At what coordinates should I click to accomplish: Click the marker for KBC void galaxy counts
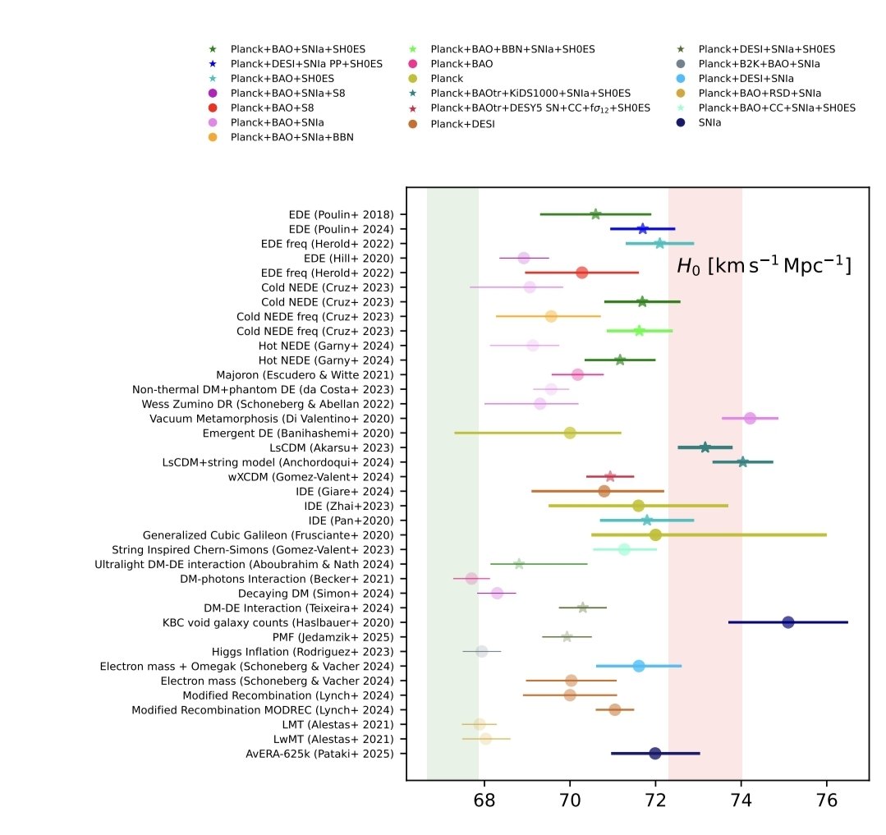coord(788,622)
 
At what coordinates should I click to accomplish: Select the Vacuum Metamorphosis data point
coord(750,418)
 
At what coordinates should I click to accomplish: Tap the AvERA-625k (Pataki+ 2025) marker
coord(654,754)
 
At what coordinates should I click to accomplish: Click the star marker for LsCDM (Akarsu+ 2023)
coord(705,447)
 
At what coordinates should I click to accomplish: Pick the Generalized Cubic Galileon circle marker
coord(655,535)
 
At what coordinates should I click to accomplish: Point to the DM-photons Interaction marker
coord(471,579)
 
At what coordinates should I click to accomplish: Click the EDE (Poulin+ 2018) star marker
coord(595,214)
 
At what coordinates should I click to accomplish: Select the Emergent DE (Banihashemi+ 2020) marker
coord(570,433)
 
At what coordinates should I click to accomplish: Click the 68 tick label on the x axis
coord(484,803)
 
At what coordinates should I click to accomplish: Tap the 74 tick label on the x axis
coord(741,803)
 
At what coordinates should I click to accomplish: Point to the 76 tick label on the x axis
coord(827,803)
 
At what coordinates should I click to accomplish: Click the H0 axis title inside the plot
coord(763,266)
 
